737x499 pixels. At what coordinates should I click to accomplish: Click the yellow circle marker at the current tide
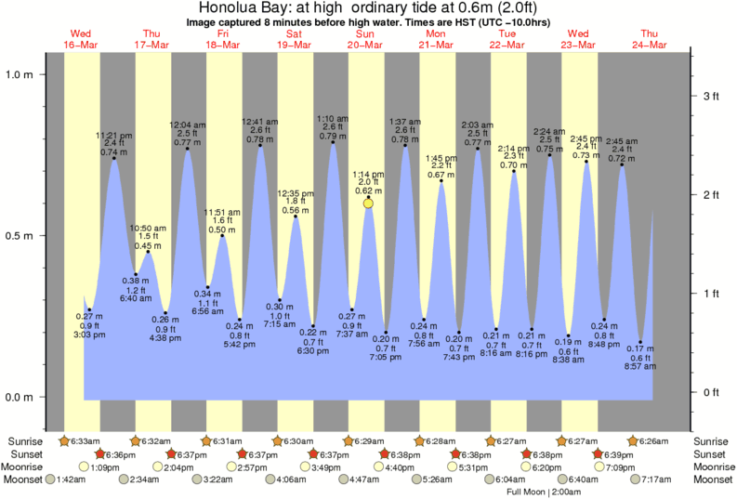[x=368, y=203]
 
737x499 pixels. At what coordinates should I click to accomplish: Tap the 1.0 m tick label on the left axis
[x=20, y=74]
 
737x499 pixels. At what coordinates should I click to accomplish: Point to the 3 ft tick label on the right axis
[x=710, y=96]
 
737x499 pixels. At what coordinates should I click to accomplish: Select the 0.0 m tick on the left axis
[x=20, y=397]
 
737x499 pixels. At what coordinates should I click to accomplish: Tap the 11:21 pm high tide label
[x=113, y=135]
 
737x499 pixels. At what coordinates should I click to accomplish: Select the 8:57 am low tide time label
[x=639, y=366]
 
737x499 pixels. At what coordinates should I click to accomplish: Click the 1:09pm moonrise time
[x=104, y=466]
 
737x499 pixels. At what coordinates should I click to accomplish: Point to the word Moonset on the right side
[x=713, y=479]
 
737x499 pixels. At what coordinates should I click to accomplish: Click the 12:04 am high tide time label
[x=187, y=125]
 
